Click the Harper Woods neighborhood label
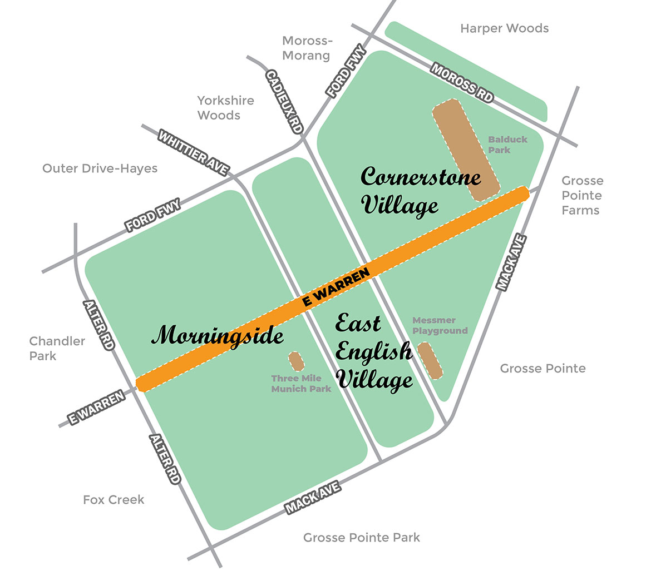pyautogui.click(x=504, y=28)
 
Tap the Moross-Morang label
pyautogui.click(x=306, y=48)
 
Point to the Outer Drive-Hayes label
pyautogui.click(x=100, y=168)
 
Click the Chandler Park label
pyautogui.click(x=57, y=348)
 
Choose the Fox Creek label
pyautogui.click(x=114, y=499)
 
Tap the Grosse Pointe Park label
pyautogui.click(x=362, y=537)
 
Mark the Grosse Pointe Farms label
pyautogui.click(x=581, y=195)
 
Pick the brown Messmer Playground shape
pyautogui.click(x=430, y=360)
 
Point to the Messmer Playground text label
pyautogui.click(x=440, y=325)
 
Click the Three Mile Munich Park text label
pyautogui.click(x=300, y=384)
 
